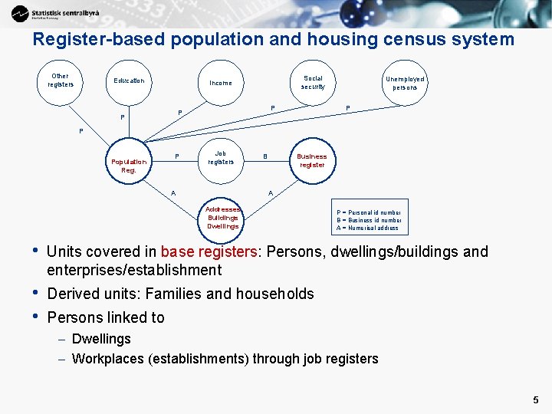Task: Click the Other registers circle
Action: pyautogui.click(x=60, y=80)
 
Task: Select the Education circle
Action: pyautogui.click(x=129, y=80)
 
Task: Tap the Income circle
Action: pyautogui.click(x=221, y=83)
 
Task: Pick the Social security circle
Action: pyautogui.click(x=313, y=82)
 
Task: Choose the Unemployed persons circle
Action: pyautogui.click(x=405, y=82)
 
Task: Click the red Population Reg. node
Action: pyautogui.click(x=129, y=166)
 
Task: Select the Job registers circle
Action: pyautogui.click(x=221, y=158)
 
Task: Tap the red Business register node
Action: pyautogui.click(x=311, y=161)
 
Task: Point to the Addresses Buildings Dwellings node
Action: pyautogui.click(x=223, y=217)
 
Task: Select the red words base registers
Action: pyautogui.click(x=209, y=252)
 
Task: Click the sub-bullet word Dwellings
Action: pyautogui.click(x=101, y=339)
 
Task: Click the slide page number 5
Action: pyautogui.click(x=535, y=399)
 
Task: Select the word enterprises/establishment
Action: pyautogui.click(x=134, y=270)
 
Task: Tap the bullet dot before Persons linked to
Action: pyautogui.click(x=34, y=315)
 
